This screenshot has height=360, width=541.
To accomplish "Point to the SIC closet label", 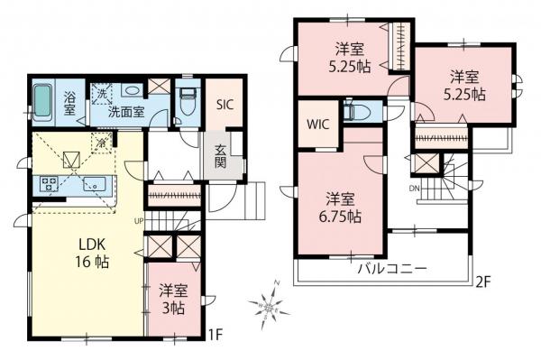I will (x=225, y=104).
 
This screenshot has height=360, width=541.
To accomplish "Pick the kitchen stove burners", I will (x=49, y=186).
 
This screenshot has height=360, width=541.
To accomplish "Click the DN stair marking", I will (x=415, y=189).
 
